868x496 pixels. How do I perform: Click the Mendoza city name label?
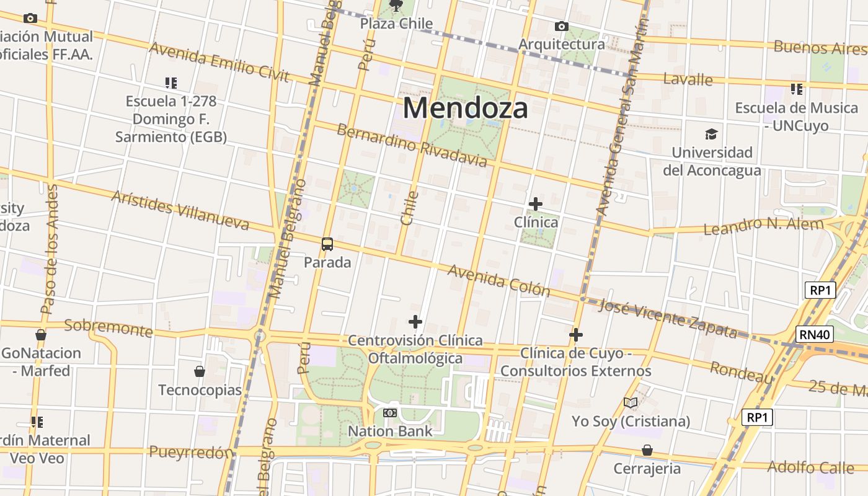click(x=465, y=108)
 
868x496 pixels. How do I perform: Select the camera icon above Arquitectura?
click(x=561, y=26)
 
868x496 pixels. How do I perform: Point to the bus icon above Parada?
click(x=327, y=244)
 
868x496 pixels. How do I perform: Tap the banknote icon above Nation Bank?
click(x=389, y=412)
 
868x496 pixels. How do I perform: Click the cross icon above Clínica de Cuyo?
click(x=575, y=335)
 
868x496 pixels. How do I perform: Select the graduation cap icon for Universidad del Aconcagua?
click(x=711, y=134)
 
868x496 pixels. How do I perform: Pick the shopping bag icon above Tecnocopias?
click(x=199, y=371)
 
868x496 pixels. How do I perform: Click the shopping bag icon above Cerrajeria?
click(x=647, y=449)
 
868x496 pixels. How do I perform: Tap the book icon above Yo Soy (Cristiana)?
click(x=630, y=403)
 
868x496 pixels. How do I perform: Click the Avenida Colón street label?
click(x=498, y=281)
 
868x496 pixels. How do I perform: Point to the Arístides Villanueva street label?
click(x=180, y=211)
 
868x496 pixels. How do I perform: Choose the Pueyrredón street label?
click(x=190, y=453)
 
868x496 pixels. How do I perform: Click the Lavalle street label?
click(x=688, y=79)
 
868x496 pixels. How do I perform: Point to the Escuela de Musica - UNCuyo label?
click(x=796, y=117)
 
